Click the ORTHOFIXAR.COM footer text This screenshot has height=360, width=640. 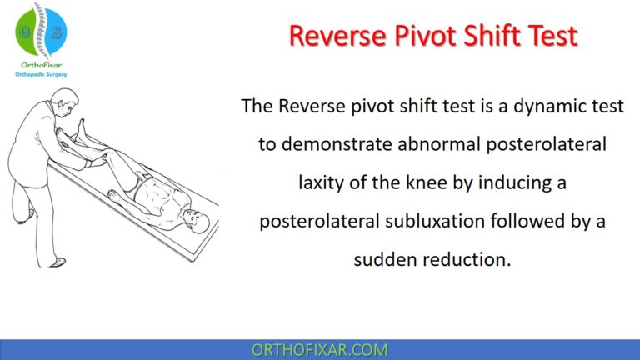pos(319,350)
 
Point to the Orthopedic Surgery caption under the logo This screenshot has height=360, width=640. pos(41,75)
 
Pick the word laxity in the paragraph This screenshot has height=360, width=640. pos(321,182)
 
